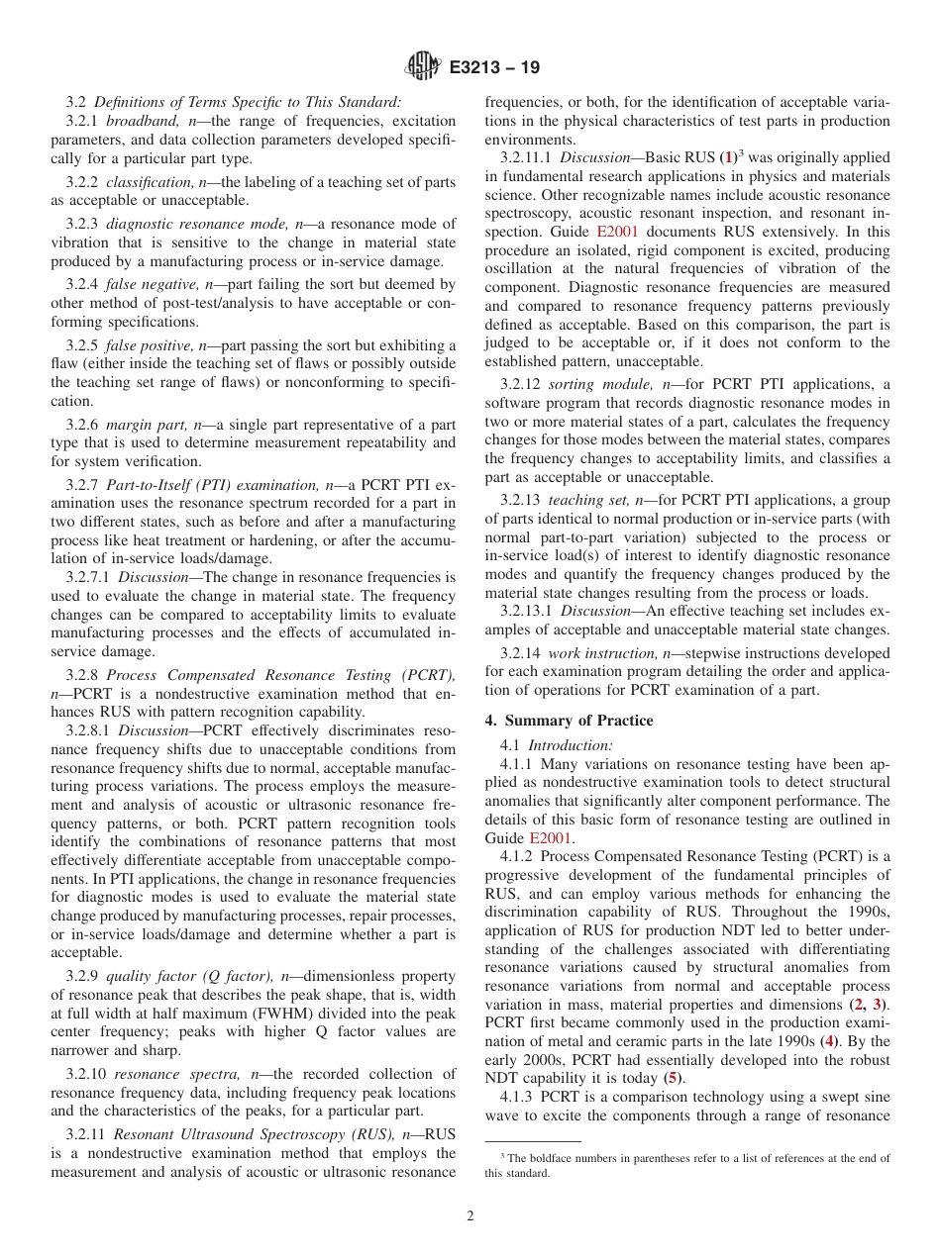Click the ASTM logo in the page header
tap(423, 68)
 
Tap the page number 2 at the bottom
tap(470, 1215)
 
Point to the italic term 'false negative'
tap(145, 285)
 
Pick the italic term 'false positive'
tap(143, 346)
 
